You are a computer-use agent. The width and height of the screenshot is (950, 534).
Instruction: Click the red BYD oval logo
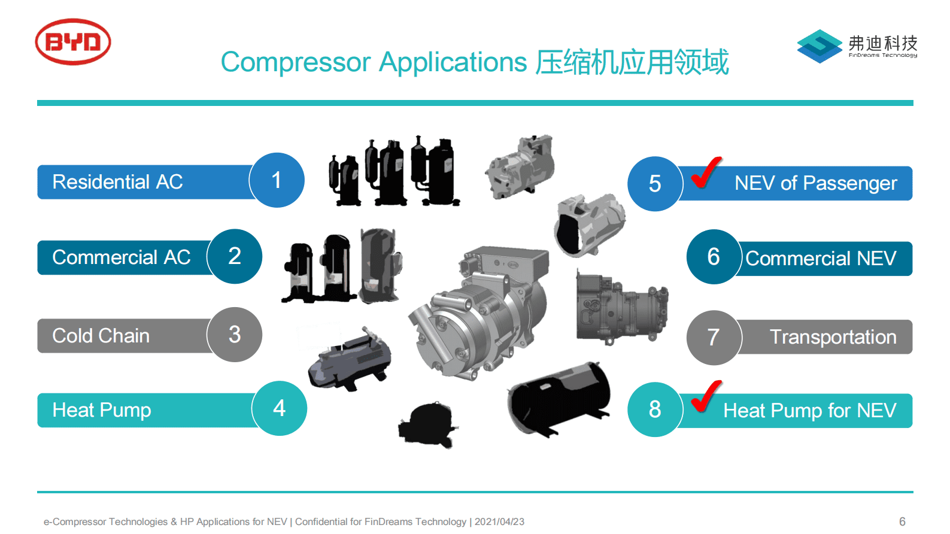pos(73,41)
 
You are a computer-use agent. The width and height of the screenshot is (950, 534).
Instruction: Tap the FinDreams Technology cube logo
pos(820,46)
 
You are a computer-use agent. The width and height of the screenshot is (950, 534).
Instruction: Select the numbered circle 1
pos(277,180)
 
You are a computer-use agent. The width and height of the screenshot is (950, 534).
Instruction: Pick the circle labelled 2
pos(235,256)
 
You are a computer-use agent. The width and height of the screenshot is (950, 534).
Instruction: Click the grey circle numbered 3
pos(235,334)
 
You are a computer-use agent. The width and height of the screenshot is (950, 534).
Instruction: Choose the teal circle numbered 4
pos(279,408)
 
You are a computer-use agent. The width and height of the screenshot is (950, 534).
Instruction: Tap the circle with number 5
pos(655,184)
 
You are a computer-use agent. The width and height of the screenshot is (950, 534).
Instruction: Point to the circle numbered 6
pos(714,257)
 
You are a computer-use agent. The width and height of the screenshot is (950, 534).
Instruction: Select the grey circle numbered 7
pos(714,337)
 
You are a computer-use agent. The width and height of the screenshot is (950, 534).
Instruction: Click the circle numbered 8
pos(655,409)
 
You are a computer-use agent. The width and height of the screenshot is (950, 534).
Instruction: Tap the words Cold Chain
pos(101,335)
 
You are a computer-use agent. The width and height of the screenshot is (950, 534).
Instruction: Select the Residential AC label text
pos(117,181)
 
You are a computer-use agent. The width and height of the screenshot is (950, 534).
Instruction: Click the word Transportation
pos(833,337)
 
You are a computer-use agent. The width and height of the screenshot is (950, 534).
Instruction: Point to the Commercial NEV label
pos(821,258)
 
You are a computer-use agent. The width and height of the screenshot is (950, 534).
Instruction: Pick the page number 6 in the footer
pos(902,521)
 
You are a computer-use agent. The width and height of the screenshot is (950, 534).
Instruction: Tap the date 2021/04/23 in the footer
pos(499,521)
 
